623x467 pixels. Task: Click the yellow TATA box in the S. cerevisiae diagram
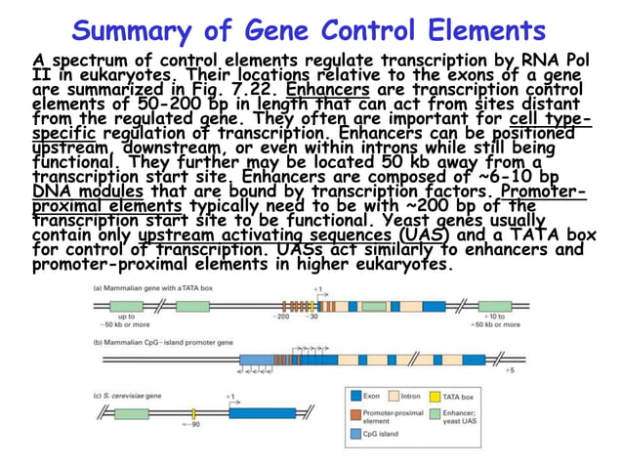[193, 410]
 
